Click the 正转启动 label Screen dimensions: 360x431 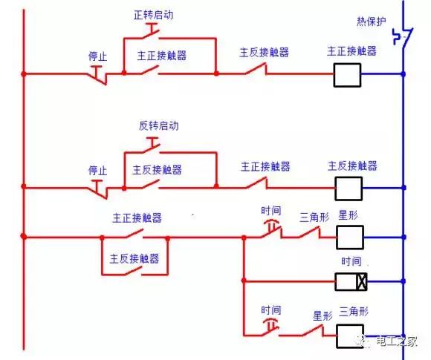(x=155, y=15)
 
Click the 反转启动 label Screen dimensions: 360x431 (x=158, y=126)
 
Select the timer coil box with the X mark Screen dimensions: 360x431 (x=351, y=281)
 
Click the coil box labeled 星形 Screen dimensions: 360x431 (x=349, y=238)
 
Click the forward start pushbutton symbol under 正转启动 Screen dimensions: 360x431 (x=152, y=30)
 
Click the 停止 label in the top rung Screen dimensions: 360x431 (x=98, y=56)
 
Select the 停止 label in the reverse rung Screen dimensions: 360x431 (x=98, y=170)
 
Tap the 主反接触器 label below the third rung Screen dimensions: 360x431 (x=135, y=259)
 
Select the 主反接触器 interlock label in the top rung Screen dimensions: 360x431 (x=264, y=53)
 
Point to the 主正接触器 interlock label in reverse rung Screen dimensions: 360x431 (x=265, y=166)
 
